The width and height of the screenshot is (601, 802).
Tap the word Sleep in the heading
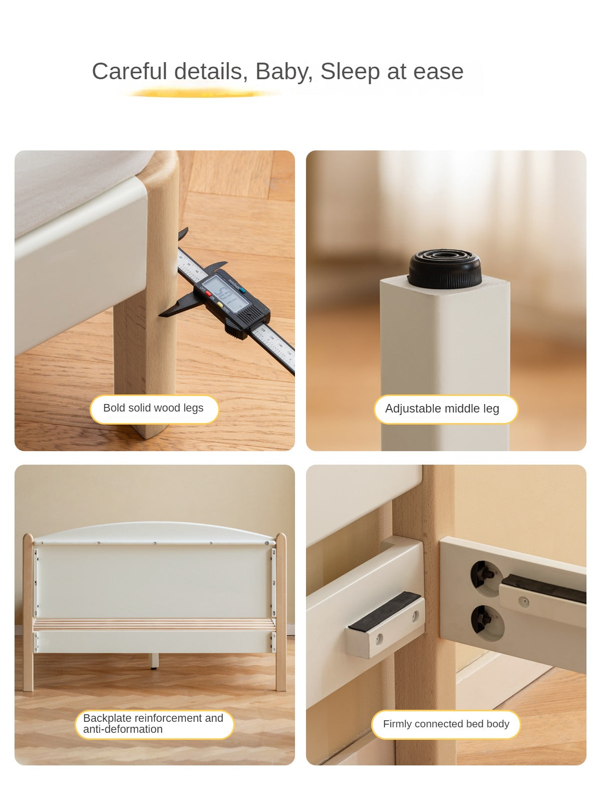pyautogui.click(x=350, y=72)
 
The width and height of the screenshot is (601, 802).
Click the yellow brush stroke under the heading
pyautogui.click(x=199, y=94)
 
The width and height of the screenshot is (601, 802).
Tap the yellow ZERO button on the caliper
pyautogui.click(x=220, y=304)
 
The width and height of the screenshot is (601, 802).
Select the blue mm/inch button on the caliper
pyautogui.click(x=242, y=290)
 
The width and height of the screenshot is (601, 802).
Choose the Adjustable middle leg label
pyautogui.click(x=446, y=409)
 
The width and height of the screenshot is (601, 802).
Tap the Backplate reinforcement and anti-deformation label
pyautogui.click(x=154, y=724)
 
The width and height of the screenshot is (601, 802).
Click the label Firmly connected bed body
pyautogui.click(x=446, y=724)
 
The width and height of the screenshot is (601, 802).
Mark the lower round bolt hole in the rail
pyautogui.click(x=487, y=623)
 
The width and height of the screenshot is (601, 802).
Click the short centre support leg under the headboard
pyautogui.click(x=155, y=661)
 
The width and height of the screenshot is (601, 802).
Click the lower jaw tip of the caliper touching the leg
pyautogui.click(x=161, y=315)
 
